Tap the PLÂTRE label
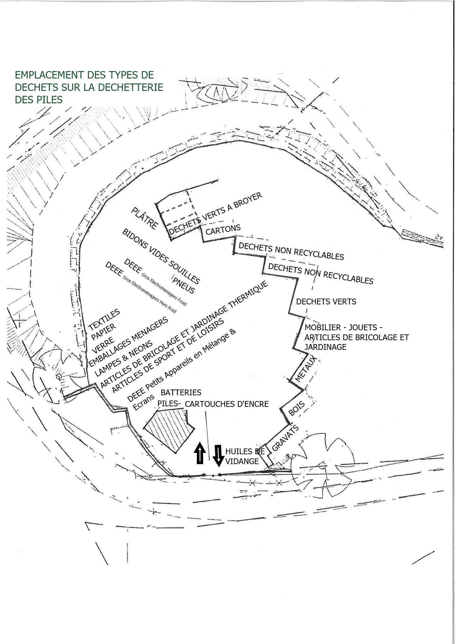click(144, 218)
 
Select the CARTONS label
click(223, 230)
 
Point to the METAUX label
click(305, 369)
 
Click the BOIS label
click(296, 408)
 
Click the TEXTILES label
click(104, 319)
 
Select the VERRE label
click(103, 345)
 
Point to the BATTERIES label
click(181, 392)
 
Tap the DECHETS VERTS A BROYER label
click(215, 214)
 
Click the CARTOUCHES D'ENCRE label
click(227, 404)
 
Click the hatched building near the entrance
click(169, 428)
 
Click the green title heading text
click(89, 87)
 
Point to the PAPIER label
click(104, 332)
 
